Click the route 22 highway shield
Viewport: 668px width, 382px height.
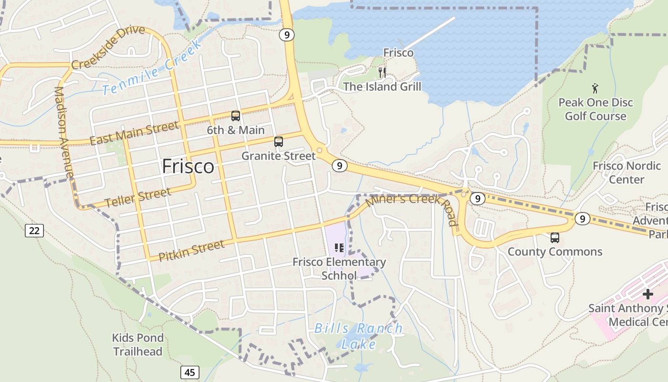click(x=34, y=231)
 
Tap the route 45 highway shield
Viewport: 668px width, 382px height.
click(x=190, y=372)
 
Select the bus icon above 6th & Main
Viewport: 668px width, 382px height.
click(x=236, y=116)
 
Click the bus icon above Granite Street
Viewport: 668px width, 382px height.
click(x=279, y=142)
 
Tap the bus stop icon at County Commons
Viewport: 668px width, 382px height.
click(x=554, y=238)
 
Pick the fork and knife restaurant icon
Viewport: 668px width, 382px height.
click(x=382, y=73)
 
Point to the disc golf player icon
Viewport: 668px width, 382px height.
click(x=595, y=88)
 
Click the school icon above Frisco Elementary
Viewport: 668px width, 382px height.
click(x=339, y=247)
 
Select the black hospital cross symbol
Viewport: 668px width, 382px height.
click(x=647, y=294)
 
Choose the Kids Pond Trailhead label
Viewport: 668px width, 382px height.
click(x=137, y=345)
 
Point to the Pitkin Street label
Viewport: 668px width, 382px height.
click(x=191, y=251)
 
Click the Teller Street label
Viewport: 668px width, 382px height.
click(x=137, y=198)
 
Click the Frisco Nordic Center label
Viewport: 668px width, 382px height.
click(x=626, y=173)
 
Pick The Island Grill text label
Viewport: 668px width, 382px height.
click(x=382, y=87)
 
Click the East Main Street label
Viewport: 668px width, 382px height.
click(x=134, y=133)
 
